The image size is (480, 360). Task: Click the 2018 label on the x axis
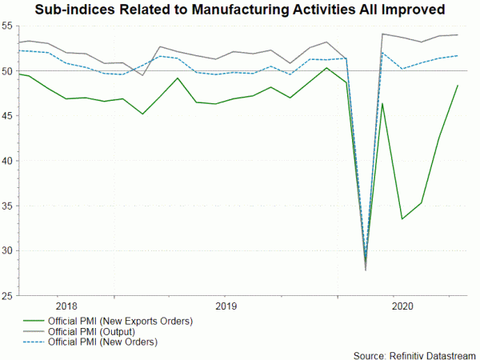point(67,305)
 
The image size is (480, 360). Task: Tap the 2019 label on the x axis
point(226,305)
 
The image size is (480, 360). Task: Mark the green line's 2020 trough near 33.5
point(402,219)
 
